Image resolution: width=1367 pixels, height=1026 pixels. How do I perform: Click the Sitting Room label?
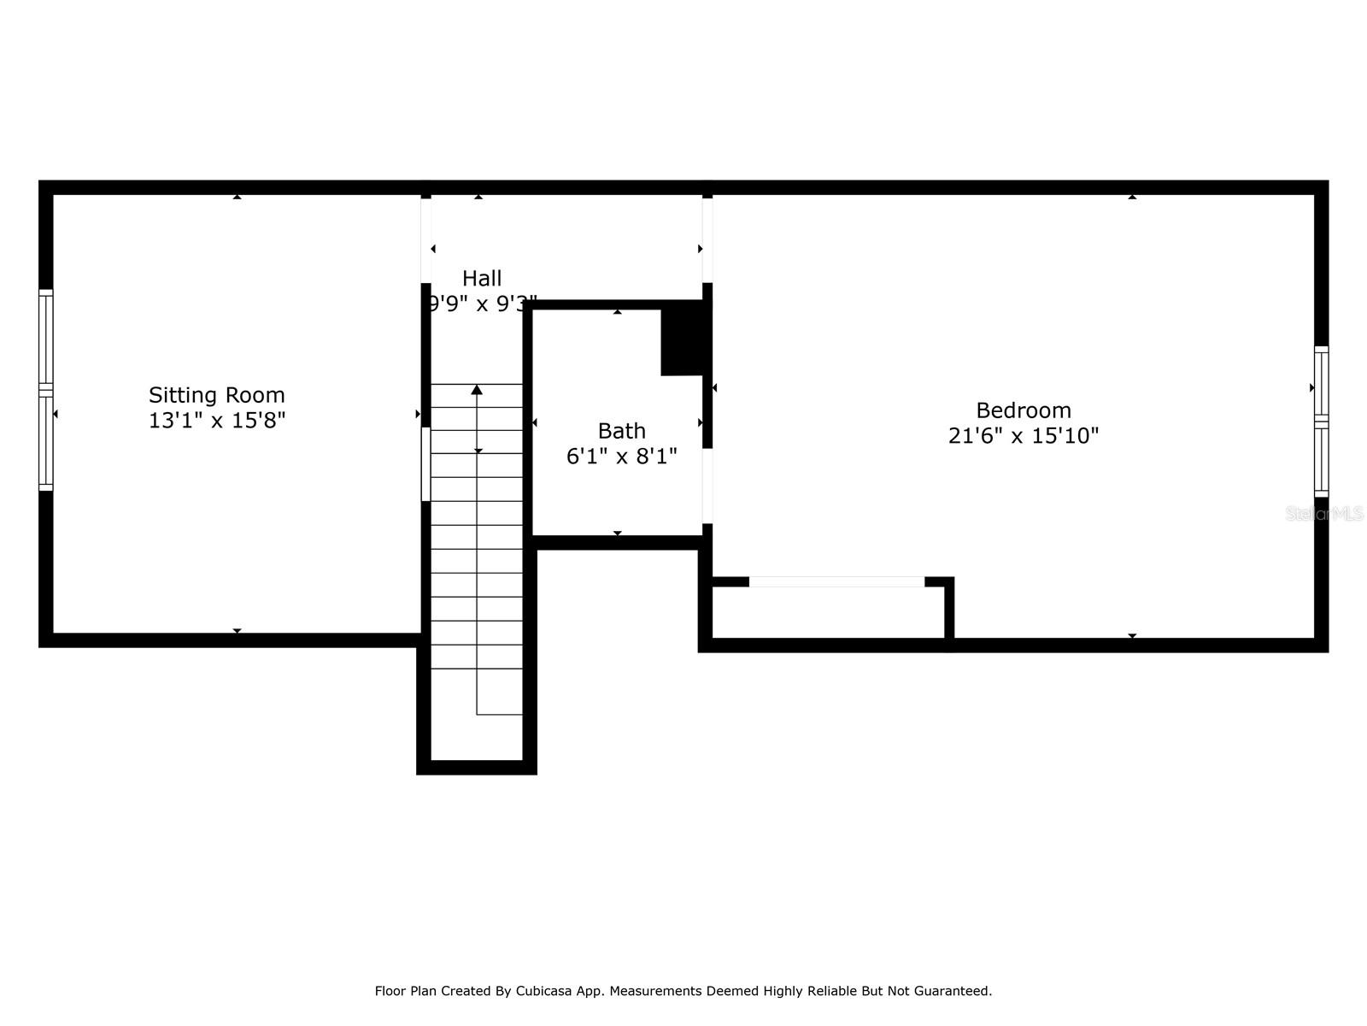click(217, 395)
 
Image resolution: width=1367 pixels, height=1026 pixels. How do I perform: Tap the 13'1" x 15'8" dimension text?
click(217, 421)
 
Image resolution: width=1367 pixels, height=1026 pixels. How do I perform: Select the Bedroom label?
click(1024, 410)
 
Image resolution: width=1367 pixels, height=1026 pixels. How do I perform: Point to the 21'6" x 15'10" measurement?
click(1024, 435)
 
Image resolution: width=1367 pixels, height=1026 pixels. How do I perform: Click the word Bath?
click(621, 431)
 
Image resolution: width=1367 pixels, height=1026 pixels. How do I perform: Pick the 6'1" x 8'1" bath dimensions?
click(621, 457)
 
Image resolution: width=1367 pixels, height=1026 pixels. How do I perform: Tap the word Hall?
click(482, 278)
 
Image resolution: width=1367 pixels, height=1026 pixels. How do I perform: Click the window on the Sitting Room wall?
click(45, 390)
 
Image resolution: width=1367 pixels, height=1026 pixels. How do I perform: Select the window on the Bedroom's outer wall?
click(1321, 422)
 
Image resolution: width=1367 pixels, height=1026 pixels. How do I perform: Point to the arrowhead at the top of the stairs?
click(477, 390)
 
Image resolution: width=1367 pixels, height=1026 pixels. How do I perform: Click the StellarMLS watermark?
click(1324, 514)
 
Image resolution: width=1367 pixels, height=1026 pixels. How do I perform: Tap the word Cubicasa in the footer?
click(543, 991)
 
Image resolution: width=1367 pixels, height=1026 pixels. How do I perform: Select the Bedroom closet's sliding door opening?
click(836, 582)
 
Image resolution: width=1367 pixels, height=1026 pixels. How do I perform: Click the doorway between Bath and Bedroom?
click(707, 486)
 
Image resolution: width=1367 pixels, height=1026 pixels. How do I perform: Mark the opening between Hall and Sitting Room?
click(426, 240)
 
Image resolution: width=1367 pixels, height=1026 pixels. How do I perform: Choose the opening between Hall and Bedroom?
click(707, 240)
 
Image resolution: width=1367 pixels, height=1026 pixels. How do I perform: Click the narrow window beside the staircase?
click(426, 464)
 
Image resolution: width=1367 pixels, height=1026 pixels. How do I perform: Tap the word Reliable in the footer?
click(830, 991)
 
